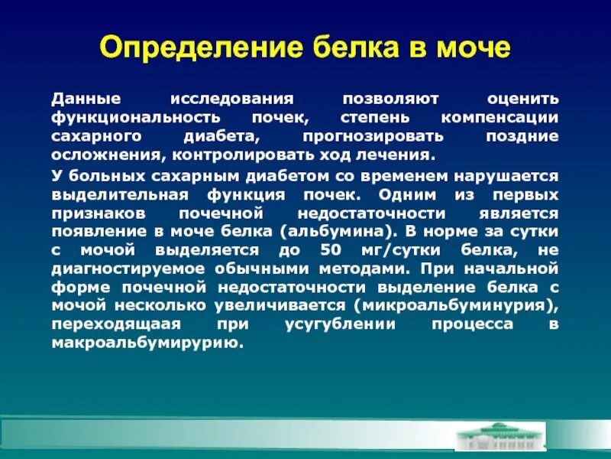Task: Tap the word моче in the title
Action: [x=469, y=48]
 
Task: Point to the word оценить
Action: [x=524, y=100]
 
